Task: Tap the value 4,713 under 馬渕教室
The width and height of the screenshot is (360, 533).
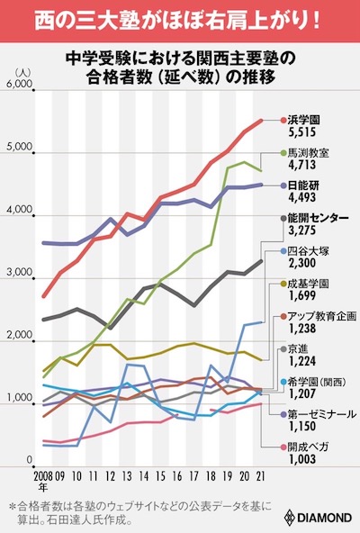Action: click(304, 165)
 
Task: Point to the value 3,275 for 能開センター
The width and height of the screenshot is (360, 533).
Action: click(304, 231)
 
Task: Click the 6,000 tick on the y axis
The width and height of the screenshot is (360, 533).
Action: click(20, 84)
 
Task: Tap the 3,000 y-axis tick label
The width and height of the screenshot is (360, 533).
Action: click(20, 272)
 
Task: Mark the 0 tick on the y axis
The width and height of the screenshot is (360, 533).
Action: click(30, 461)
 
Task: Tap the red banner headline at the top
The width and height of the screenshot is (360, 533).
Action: click(180, 19)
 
